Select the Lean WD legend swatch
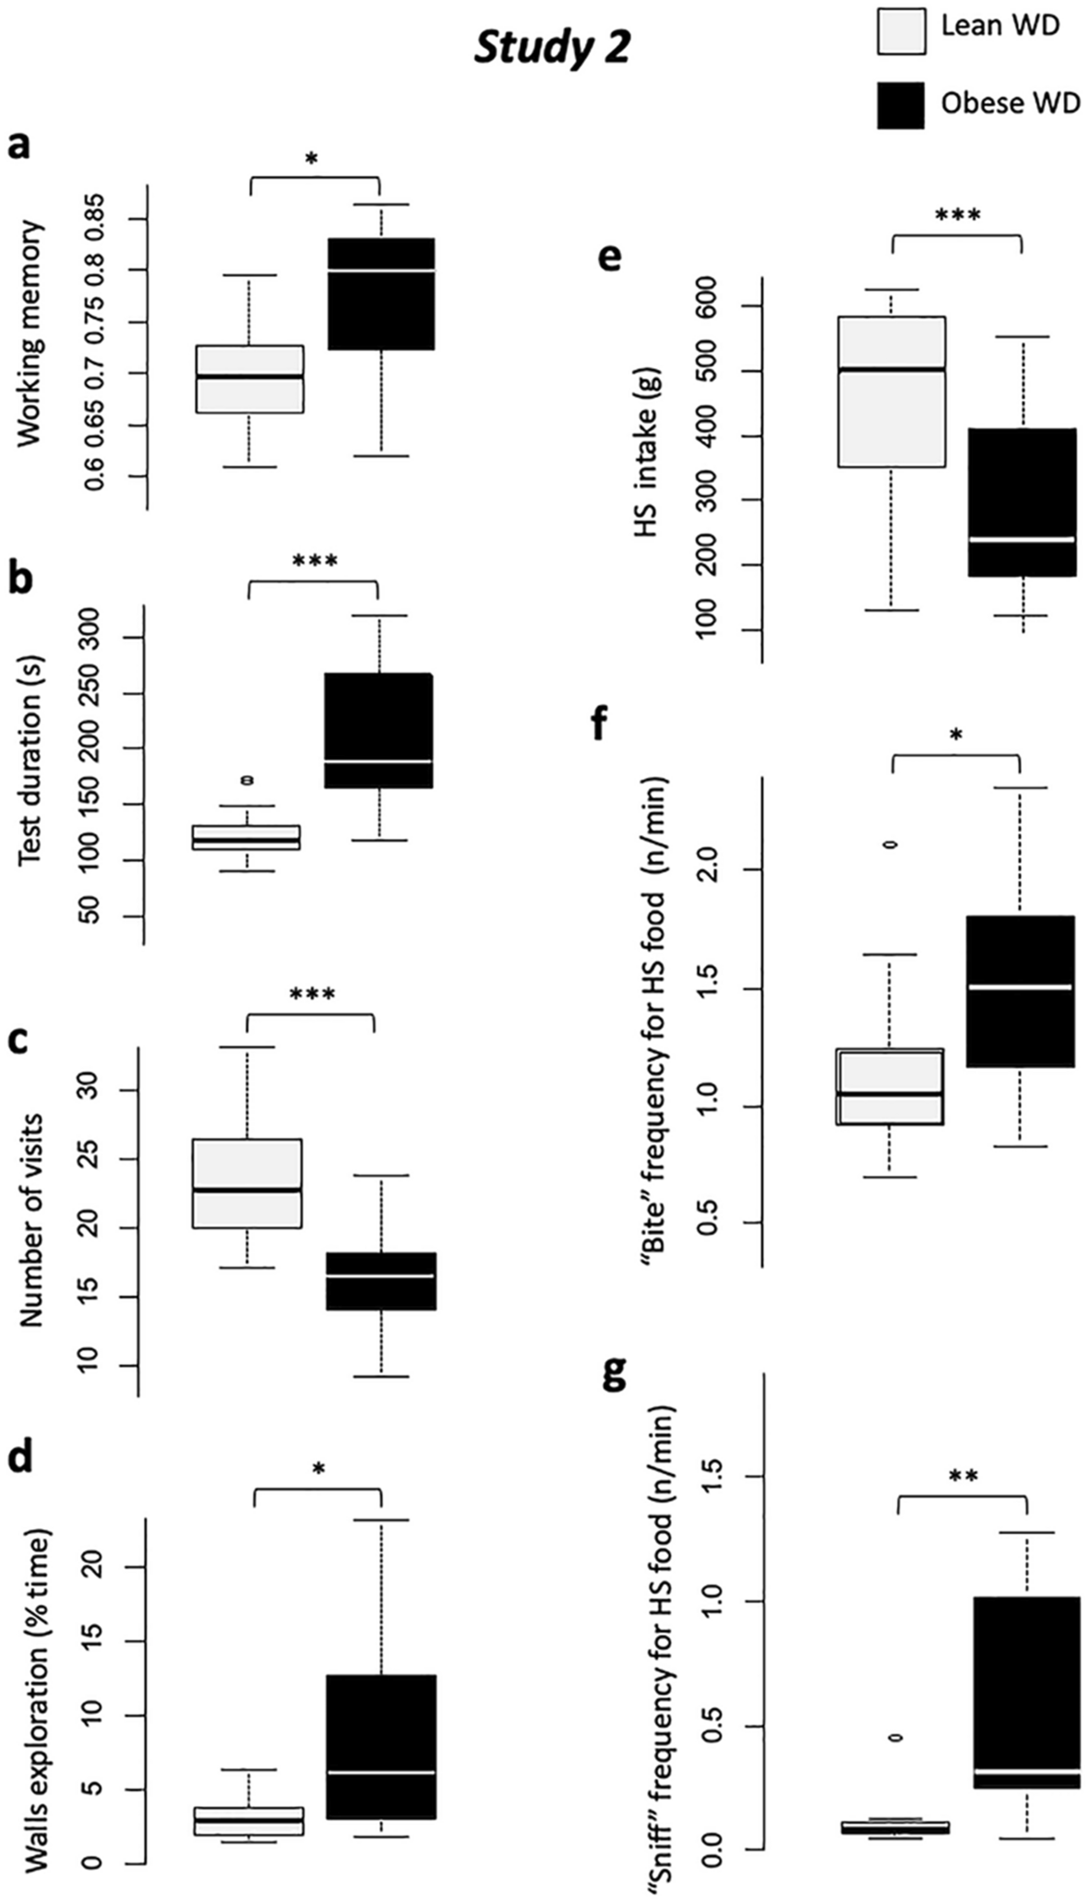coord(900,30)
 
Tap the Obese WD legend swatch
coord(900,104)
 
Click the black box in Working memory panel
coord(381,293)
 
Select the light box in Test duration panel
coord(245,837)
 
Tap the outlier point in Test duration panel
coord(246,780)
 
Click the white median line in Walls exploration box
coord(381,1772)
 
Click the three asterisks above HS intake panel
coord(957,217)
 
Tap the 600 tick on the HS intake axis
coord(713,305)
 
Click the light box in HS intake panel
coord(892,392)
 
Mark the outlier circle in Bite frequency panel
coord(891,844)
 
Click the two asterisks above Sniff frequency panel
coord(963,1477)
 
